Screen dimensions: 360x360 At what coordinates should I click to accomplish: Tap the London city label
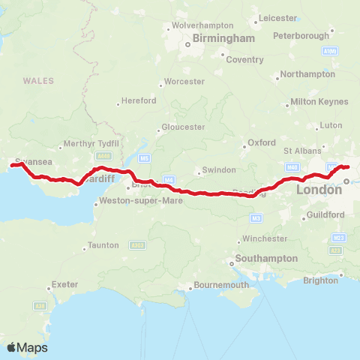click(x=319, y=190)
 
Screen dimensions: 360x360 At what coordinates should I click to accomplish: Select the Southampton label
click(x=266, y=258)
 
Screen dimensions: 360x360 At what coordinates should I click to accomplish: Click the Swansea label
click(x=33, y=161)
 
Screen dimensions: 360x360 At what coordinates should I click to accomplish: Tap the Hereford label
click(x=139, y=100)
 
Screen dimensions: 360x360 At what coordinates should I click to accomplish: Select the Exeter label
click(x=64, y=285)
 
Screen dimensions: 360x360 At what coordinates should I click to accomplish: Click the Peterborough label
click(x=301, y=36)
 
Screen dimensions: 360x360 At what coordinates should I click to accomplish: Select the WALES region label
click(x=37, y=80)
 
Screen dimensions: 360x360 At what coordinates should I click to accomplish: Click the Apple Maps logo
click(x=28, y=347)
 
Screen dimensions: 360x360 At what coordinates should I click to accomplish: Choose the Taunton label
click(x=103, y=245)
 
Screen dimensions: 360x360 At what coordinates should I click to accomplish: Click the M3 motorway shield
click(x=256, y=217)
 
